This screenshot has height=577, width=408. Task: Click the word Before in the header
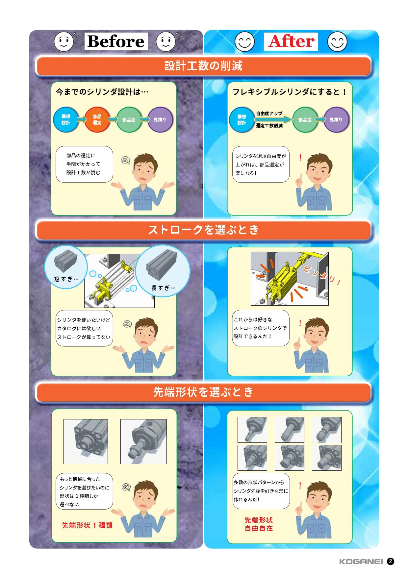point(116,41)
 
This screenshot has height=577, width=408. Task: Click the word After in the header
point(291,41)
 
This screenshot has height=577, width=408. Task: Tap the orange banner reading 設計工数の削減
point(204,66)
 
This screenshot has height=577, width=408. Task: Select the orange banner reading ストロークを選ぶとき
point(204,230)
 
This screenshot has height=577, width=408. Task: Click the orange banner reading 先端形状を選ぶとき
point(204,392)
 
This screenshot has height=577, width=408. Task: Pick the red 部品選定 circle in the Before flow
point(97,120)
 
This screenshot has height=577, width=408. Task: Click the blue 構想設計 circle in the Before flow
point(66,120)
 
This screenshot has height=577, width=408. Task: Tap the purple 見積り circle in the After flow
point(336,120)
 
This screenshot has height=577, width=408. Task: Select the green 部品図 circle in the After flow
point(305,120)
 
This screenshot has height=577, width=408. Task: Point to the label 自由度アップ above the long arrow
point(269,113)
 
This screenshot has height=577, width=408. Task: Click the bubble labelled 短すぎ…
point(66,267)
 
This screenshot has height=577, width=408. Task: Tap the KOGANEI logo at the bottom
point(361,562)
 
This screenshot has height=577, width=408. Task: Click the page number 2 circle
point(391,561)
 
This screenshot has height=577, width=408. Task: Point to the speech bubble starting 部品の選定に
point(84,164)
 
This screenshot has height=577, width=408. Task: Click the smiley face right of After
point(338,41)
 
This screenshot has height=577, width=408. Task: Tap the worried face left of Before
point(64,41)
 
